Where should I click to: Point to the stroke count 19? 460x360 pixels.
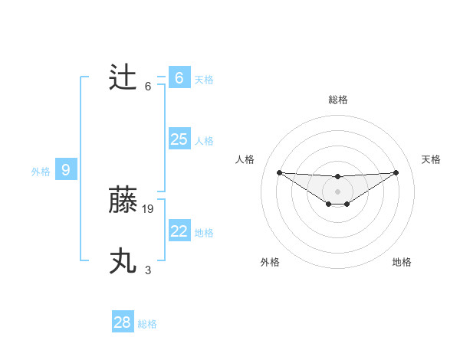[148, 208]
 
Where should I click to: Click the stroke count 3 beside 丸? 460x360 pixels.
[148, 270]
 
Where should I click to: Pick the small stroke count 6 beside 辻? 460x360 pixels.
[148, 86]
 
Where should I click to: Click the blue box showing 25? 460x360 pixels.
[179, 139]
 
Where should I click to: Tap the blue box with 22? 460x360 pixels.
[179, 231]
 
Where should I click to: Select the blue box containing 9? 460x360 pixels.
[66, 170]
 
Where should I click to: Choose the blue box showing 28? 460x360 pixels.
[122, 322]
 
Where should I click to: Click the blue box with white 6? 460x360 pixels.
[179, 77]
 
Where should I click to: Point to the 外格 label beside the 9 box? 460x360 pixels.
[41, 172]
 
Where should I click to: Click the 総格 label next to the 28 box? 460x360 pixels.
[147, 324]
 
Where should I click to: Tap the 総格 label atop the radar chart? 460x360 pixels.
[337, 100]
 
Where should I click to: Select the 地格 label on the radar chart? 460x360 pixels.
[402, 262]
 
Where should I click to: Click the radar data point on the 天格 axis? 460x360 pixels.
[396, 172]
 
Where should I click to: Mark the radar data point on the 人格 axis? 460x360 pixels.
[279, 172]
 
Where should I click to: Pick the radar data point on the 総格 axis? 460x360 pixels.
[337, 177]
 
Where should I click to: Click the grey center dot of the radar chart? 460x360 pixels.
[337, 191]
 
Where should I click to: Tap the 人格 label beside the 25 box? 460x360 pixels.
[204, 141]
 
